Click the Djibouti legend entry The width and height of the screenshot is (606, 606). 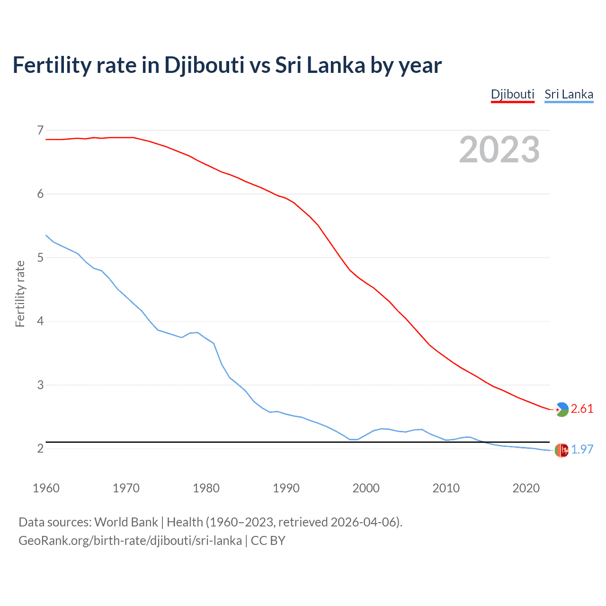(512, 94)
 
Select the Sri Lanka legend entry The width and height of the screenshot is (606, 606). (569, 94)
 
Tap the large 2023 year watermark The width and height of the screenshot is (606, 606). (499, 150)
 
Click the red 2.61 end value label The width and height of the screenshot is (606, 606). (582, 409)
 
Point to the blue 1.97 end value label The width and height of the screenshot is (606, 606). (582, 449)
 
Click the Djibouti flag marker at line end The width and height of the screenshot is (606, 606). (561, 410)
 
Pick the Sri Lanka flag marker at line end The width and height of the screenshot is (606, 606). (561, 450)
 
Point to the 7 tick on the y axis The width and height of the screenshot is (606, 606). (40, 130)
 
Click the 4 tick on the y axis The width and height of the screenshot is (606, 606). (40, 321)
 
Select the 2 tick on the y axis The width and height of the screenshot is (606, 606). (40, 448)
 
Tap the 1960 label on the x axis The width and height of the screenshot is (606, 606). (46, 488)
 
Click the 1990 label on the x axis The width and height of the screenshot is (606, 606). (286, 488)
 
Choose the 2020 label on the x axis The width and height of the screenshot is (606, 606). (526, 488)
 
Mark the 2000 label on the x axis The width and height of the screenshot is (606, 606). (366, 488)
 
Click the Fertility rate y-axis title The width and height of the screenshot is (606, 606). (20, 294)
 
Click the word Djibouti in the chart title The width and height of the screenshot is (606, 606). (204, 65)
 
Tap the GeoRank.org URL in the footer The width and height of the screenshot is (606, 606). (130, 540)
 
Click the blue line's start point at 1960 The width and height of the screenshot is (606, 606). (46, 235)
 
